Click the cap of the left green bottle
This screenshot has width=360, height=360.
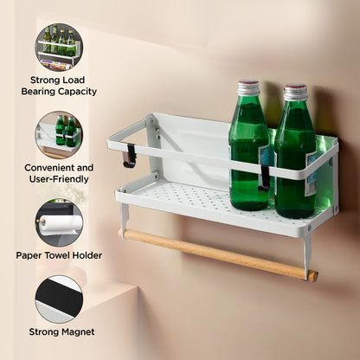pyautogui.click(x=248, y=87)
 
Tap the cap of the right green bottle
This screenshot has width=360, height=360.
pyautogui.click(x=295, y=92)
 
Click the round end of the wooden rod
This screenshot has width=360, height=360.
pyautogui.click(x=312, y=276)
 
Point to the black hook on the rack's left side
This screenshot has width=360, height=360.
pyautogui.click(x=130, y=156)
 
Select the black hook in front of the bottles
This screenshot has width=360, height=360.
pyautogui.click(x=265, y=179)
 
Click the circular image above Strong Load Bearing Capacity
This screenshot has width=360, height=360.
pyautogui.click(x=59, y=48)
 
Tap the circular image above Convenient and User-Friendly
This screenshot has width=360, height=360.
pyautogui.click(x=59, y=135)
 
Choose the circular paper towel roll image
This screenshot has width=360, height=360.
pyautogui.click(x=59, y=222)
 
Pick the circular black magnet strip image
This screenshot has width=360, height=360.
pyautogui.click(x=59, y=299)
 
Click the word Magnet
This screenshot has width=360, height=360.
pyautogui.click(x=78, y=332)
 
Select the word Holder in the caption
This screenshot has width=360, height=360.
pyautogui.click(x=87, y=255)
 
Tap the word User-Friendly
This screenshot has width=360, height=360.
pyautogui.click(x=59, y=179)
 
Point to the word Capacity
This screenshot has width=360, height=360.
pyautogui.click(x=77, y=92)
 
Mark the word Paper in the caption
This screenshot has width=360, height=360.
pyautogui.click(x=28, y=256)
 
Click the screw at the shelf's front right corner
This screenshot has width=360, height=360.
pyautogui.click(x=309, y=228)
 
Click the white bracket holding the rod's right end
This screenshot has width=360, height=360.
pyautogui.click(x=306, y=254)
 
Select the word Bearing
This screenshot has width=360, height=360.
pyautogui.click(x=38, y=92)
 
